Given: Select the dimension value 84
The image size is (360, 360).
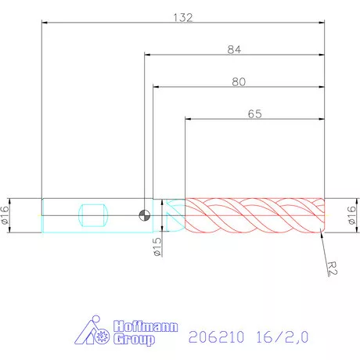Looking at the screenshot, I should (x=233, y=49).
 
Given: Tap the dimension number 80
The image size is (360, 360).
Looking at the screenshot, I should (x=238, y=81).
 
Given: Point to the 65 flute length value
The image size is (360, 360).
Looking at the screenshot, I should (x=254, y=113).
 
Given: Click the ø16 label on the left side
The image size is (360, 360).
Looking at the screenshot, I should (x=5, y=215).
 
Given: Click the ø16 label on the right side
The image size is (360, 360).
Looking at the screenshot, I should (x=352, y=215).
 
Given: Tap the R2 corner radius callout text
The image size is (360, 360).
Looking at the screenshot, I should (x=333, y=268).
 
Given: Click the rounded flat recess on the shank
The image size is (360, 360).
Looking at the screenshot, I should (x=93, y=215).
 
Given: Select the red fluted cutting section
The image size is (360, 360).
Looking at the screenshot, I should (x=253, y=215).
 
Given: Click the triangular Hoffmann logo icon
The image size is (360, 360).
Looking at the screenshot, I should (x=92, y=333).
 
